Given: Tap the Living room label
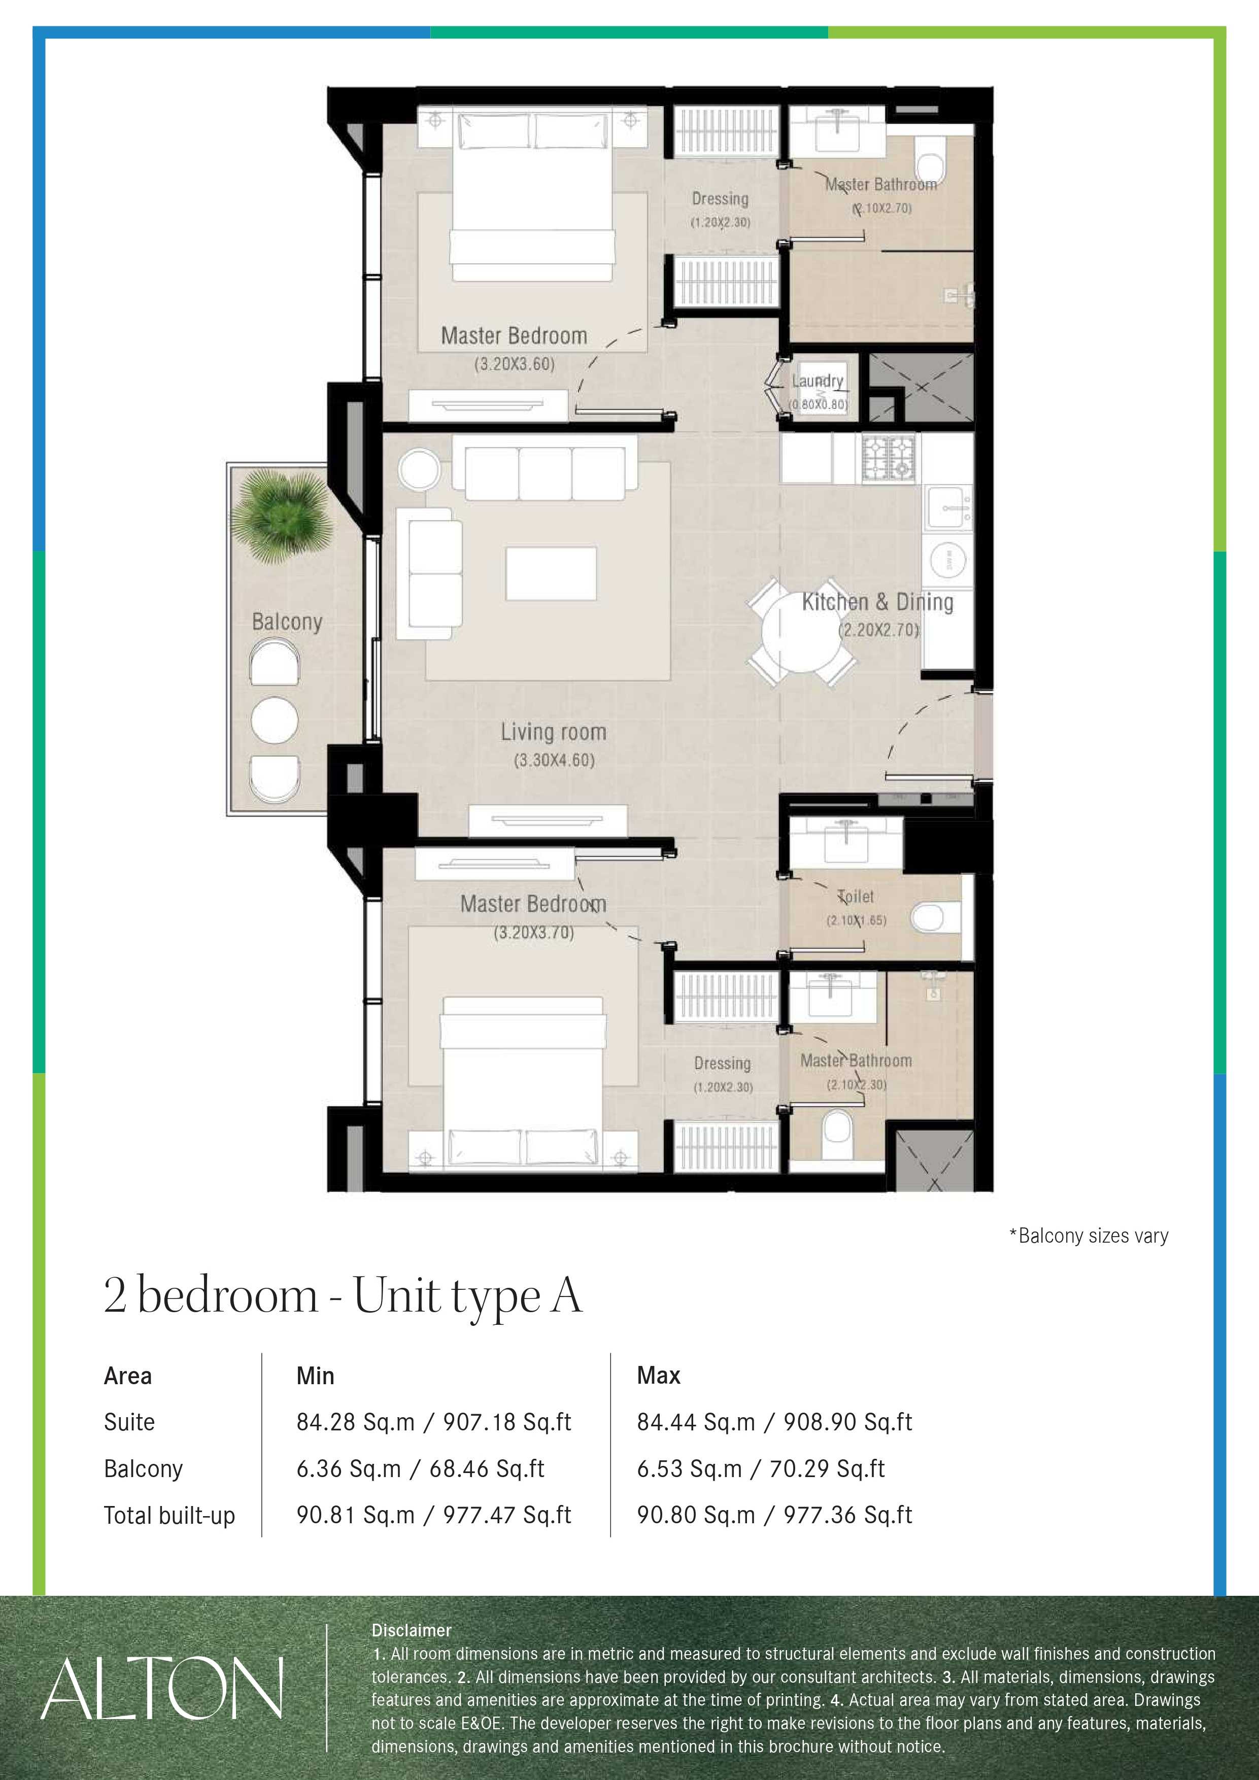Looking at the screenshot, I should tap(553, 732).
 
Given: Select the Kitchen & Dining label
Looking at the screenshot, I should tap(877, 602).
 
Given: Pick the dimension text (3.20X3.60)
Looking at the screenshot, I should tap(514, 364).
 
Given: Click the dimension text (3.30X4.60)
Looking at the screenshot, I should tap(554, 760).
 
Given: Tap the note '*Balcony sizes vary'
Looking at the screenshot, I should tap(1088, 1236).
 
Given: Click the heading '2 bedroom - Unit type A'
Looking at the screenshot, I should tap(342, 1295).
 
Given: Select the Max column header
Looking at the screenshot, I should tap(658, 1375).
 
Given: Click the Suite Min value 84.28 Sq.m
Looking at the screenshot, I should tap(355, 1422).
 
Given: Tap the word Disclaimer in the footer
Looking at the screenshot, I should tap(411, 1630).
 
